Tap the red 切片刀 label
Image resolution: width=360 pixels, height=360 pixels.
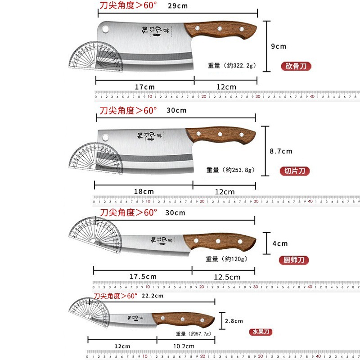pyautogui.click(x=295, y=171)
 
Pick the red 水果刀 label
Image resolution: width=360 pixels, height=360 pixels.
pyautogui.click(x=261, y=333)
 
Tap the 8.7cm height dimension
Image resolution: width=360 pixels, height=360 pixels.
pyautogui.click(x=281, y=152)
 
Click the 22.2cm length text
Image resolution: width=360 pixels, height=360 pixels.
pyautogui.click(x=152, y=296)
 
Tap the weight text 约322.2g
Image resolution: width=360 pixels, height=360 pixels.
pyautogui.click(x=231, y=66)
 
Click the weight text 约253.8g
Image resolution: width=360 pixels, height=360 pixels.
pyautogui.click(x=230, y=170)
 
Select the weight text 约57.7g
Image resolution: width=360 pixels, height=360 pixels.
pyautogui.click(x=194, y=333)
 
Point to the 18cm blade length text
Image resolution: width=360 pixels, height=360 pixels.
pyautogui.click(x=144, y=191)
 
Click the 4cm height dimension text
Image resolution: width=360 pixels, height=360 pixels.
pyautogui.click(x=280, y=243)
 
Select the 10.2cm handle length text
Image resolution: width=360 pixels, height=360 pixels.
pyautogui.click(x=184, y=346)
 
